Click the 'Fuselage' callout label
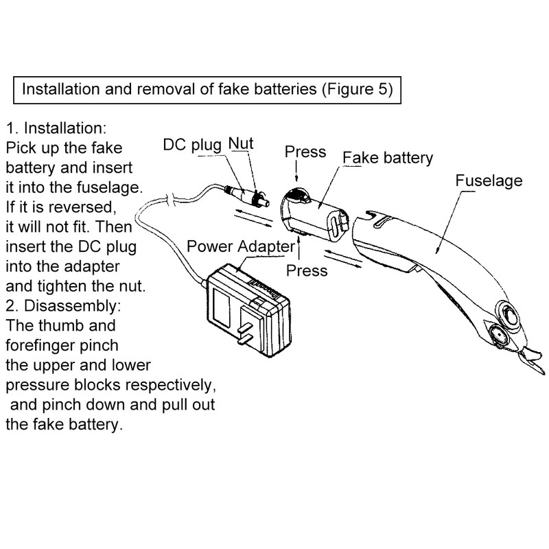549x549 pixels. click(x=489, y=180)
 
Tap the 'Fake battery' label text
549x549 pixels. click(x=388, y=158)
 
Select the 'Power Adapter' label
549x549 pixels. click(x=241, y=246)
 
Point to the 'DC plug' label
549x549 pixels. click(x=192, y=145)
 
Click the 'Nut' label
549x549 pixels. click(x=241, y=143)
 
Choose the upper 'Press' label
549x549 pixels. click(x=305, y=152)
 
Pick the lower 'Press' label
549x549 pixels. click(x=307, y=270)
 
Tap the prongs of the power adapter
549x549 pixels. click(x=245, y=334)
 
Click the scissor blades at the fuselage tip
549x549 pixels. click(x=533, y=362)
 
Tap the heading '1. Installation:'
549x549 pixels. click(x=56, y=128)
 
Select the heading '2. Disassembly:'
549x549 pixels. click(x=63, y=306)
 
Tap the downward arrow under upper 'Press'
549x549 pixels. click(x=296, y=170)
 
